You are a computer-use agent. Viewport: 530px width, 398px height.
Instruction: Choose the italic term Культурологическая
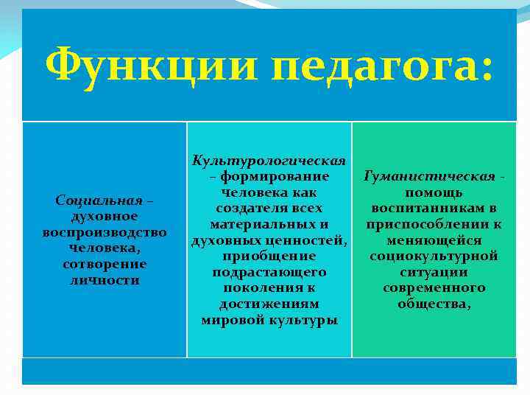tap(269, 161)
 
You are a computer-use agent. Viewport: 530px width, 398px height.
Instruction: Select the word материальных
tap(261, 224)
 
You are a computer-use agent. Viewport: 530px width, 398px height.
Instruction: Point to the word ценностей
tap(309, 240)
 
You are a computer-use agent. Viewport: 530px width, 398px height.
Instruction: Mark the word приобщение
tap(269, 256)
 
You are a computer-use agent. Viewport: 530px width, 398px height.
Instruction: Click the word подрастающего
tap(269, 272)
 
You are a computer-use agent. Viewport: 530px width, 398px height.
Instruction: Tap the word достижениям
tap(269, 304)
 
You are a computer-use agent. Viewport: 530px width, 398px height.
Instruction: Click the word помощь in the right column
tap(434, 192)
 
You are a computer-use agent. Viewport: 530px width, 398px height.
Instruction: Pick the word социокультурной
tap(434, 256)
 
